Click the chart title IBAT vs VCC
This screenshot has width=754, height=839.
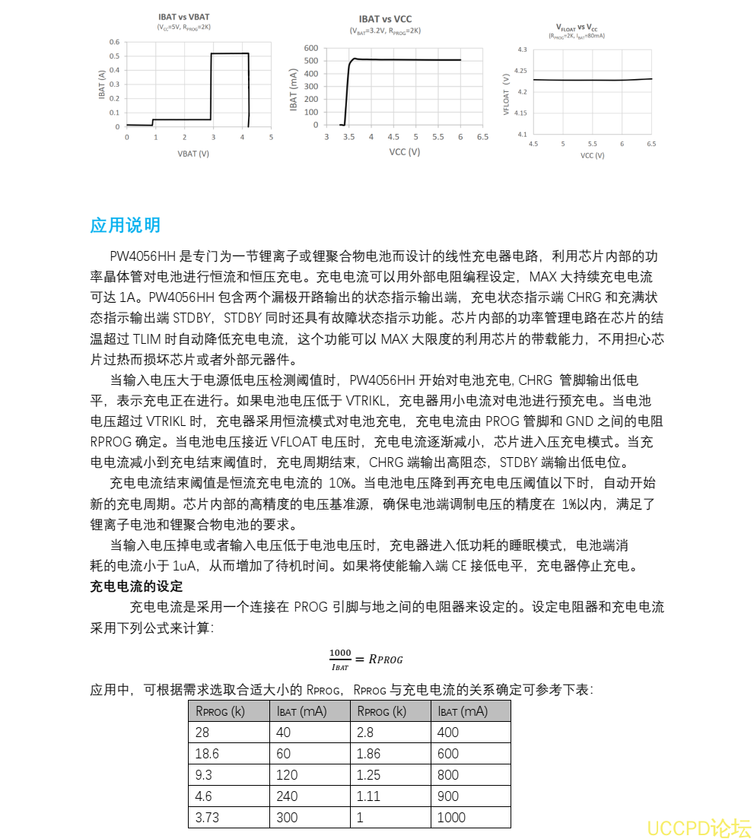tap(385, 19)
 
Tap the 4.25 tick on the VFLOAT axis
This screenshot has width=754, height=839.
tap(521, 71)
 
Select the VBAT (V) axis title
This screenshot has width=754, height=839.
tap(192, 153)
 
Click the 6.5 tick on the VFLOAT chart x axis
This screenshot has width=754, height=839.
tap(651, 143)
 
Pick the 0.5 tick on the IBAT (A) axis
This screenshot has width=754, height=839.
tap(114, 56)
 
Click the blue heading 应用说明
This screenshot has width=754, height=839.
tap(125, 226)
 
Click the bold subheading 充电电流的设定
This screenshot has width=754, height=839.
tap(136, 586)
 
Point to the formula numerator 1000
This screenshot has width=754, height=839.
tap(340, 653)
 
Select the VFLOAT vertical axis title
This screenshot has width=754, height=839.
tap(506, 94)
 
